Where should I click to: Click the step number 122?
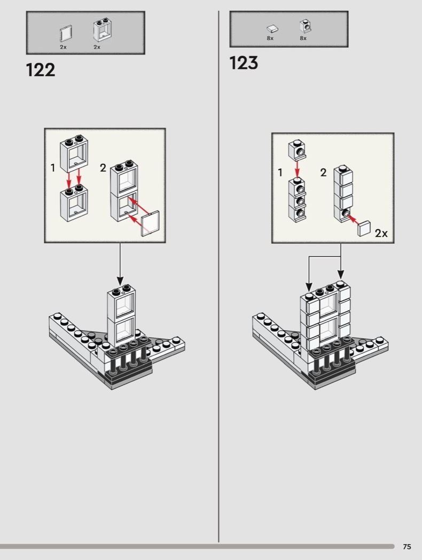tap(41, 70)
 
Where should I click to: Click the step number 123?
tap(244, 63)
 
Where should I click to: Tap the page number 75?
tap(407, 547)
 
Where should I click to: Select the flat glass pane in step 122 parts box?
tap(66, 34)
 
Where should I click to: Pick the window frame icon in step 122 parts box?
tap(102, 30)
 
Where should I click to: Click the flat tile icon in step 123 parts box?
tap(272, 29)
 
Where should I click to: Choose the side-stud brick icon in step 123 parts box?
tap(304, 27)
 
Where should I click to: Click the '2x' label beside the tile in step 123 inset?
tap(381, 233)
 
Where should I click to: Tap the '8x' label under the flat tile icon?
tap(270, 38)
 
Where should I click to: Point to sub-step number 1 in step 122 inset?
tap(53, 167)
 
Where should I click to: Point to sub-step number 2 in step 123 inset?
tap(323, 172)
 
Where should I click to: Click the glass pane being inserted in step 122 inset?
tap(150, 224)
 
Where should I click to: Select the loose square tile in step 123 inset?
tap(364, 228)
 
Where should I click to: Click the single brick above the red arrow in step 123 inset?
tap(297, 149)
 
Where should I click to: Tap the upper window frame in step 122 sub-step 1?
tap(74, 153)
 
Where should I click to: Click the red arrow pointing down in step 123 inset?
tap(297, 169)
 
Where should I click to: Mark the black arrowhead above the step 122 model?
tap(120, 281)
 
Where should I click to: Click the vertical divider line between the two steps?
tap(218, 276)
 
